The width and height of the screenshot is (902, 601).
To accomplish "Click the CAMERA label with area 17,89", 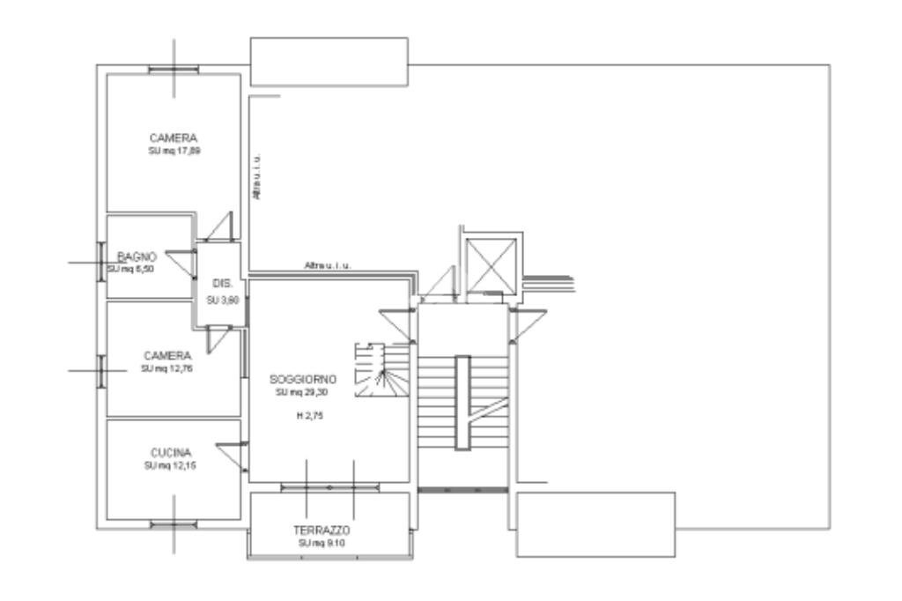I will [173, 138].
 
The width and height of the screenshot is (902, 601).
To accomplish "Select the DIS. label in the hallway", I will [222, 284].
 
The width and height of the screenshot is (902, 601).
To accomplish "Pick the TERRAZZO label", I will [322, 531].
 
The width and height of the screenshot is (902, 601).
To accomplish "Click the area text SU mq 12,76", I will [166, 368].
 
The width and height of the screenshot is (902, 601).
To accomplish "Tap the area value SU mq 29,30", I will [303, 391].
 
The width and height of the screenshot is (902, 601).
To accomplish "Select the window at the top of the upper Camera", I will [173, 70].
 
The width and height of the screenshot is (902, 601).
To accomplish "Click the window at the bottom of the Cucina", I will [173, 525].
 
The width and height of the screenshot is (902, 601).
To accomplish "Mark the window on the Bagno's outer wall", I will [101, 262].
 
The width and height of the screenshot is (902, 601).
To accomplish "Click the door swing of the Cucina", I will [231, 454].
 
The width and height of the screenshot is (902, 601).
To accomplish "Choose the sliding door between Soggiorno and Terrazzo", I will [329, 486].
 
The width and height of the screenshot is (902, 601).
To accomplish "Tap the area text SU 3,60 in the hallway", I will [222, 300].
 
